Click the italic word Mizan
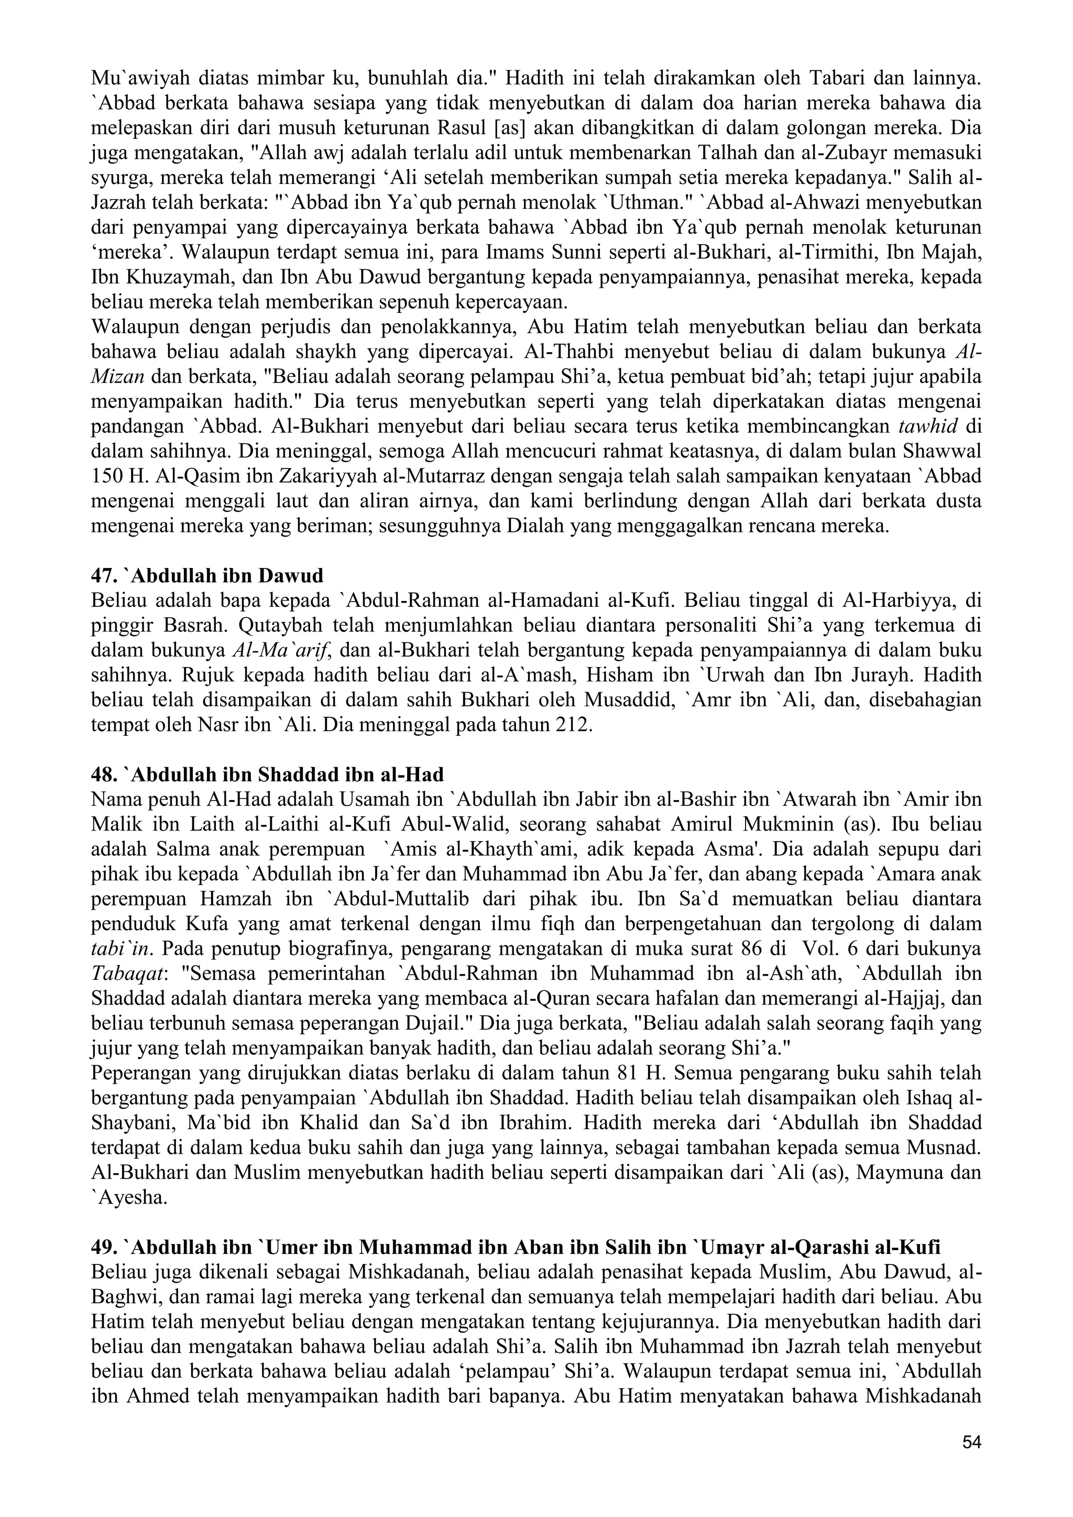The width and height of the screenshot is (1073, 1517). (118, 377)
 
